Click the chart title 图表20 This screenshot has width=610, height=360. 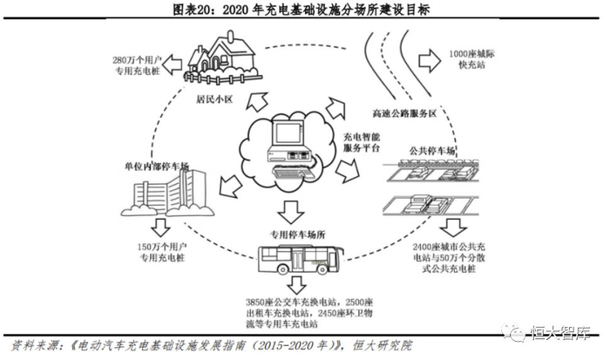(305, 10)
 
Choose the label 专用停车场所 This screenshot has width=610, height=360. (297, 233)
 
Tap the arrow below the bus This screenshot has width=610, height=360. (298, 285)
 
